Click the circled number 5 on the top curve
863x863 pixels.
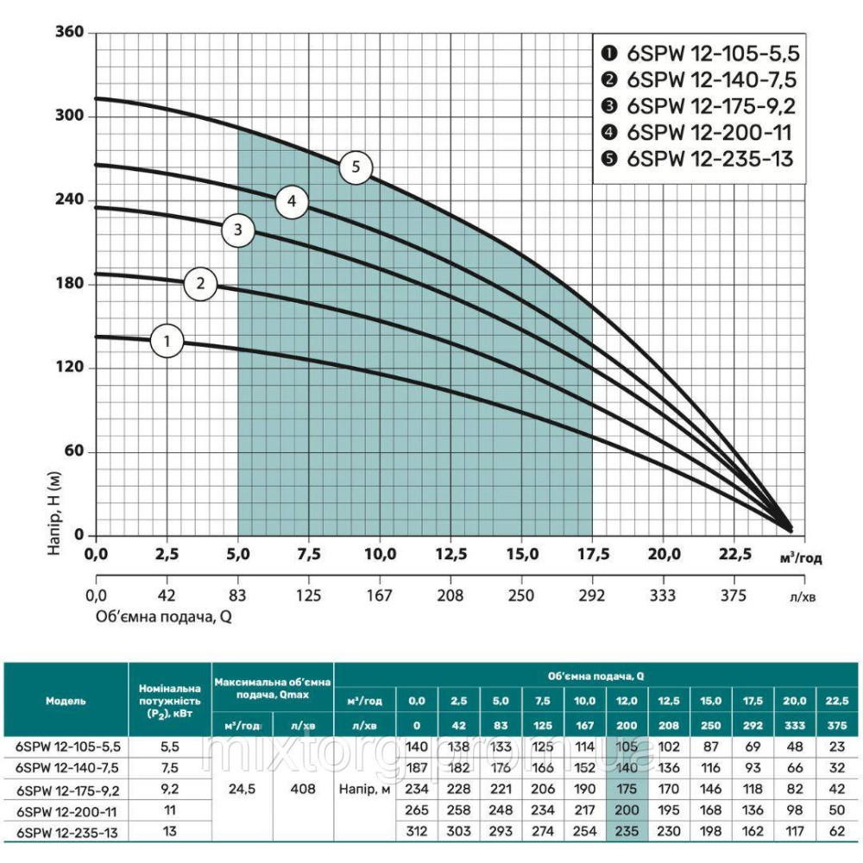356,167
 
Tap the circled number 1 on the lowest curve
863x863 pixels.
167,341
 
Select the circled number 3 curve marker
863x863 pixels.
238,230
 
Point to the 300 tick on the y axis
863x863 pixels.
70,116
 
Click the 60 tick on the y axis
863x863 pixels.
73,451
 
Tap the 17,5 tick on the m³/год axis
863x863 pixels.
592,553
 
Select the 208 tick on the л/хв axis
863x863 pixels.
450,595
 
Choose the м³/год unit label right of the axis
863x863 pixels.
800,557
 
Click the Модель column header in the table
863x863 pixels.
66,702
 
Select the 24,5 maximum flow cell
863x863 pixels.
243,788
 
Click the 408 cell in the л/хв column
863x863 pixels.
303,788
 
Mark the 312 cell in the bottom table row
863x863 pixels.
417,830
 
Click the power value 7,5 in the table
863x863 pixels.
169,766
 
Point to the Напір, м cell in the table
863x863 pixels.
364,788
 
